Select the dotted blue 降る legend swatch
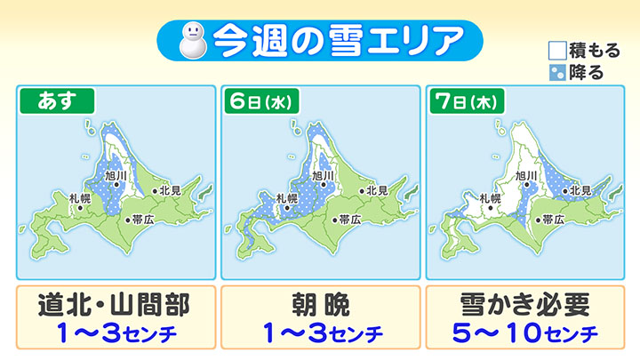point(556,72)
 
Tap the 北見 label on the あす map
point(169,190)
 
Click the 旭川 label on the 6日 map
point(322,177)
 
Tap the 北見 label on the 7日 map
point(580,190)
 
